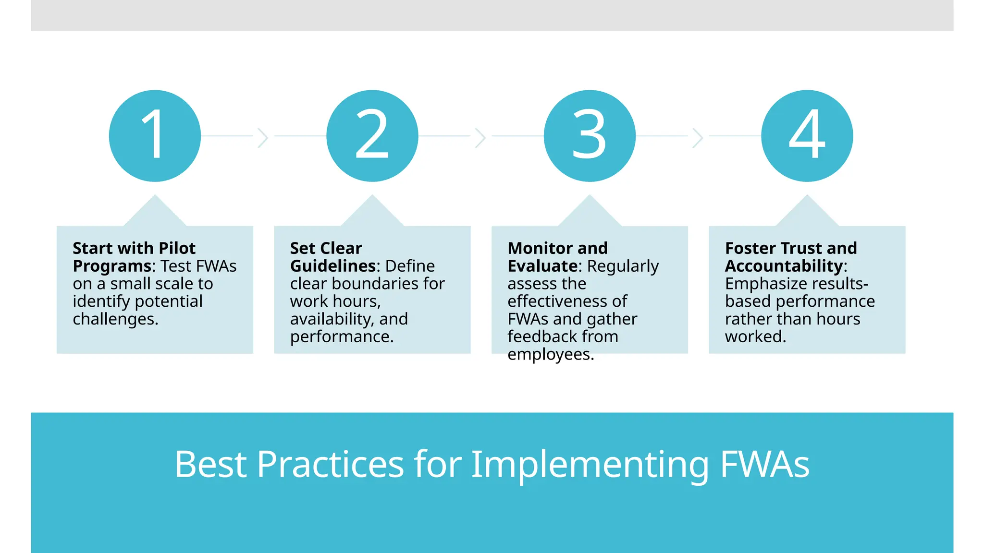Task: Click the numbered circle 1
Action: [x=155, y=136]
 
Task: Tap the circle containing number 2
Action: [x=372, y=136]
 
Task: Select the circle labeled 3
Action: [x=590, y=136]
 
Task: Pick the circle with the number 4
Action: [x=807, y=136]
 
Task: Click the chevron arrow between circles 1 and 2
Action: [x=263, y=138]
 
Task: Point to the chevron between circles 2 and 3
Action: [x=480, y=138]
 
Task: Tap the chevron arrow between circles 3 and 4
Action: [x=698, y=138]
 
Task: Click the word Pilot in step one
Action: [x=177, y=248]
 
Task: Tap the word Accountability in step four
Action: [x=784, y=266]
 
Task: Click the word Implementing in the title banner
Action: [x=590, y=464]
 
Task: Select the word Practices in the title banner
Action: [x=331, y=464]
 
